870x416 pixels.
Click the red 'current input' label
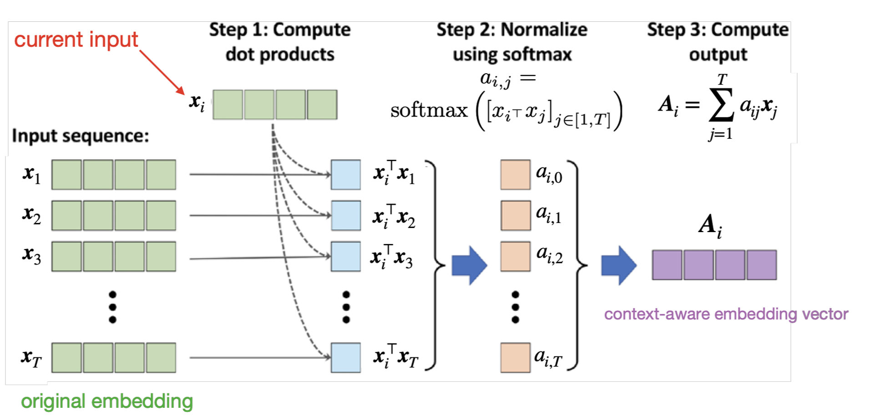point(76,40)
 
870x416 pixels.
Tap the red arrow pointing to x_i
point(162,72)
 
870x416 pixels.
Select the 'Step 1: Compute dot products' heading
point(280,42)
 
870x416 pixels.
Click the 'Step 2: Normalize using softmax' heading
point(512,42)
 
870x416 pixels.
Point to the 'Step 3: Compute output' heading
point(718,42)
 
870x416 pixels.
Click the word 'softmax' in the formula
point(429,110)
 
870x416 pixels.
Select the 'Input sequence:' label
point(81,136)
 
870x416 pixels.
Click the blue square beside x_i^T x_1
point(346,174)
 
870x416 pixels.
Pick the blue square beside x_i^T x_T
point(346,358)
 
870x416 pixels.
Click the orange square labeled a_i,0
point(516,174)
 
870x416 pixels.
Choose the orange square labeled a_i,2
point(516,256)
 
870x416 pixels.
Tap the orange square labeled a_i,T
point(516,358)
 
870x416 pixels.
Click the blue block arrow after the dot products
point(469,265)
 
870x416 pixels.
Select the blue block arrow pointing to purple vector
point(618,265)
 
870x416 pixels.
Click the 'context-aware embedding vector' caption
point(726,314)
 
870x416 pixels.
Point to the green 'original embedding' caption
point(107,401)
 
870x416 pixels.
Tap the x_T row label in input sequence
point(31,358)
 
